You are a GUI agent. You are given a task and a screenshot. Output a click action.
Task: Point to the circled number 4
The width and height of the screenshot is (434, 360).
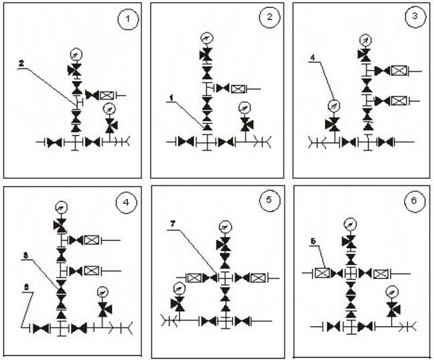pyautogui.click(x=125, y=201)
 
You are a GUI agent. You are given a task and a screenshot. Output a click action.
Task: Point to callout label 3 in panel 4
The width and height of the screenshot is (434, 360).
pyautogui.click(x=25, y=256)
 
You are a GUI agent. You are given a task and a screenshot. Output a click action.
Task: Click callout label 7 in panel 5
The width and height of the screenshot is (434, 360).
pyautogui.click(x=173, y=231)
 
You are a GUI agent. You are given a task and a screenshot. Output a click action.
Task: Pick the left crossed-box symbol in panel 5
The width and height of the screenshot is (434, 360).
pyautogui.click(x=195, y=277)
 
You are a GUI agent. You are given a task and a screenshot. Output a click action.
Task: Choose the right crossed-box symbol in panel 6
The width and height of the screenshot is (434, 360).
pyautogui.click(x=380, y=273)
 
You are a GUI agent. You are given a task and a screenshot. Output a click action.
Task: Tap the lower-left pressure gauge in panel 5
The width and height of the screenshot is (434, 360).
pyautogui.click(x=178, y=288)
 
